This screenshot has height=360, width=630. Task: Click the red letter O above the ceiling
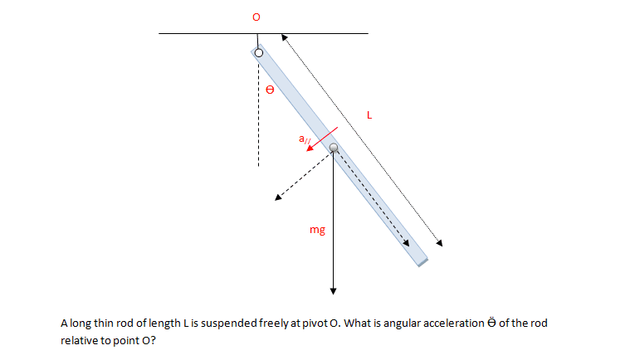click(x=256, y=17)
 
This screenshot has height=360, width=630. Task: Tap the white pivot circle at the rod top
click(x=259, y=52)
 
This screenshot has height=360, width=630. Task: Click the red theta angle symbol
click(x=270, y=90)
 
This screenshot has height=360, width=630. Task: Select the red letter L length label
click(x=369, y=115)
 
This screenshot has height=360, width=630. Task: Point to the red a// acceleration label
click(x=305, y=139)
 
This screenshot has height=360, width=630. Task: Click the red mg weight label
click(x=317, y=230)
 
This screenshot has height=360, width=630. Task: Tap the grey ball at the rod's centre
click(x=334, y=148)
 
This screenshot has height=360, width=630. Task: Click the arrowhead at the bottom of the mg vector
click(x=333, y=291)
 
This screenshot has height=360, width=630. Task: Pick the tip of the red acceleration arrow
click(x=307, y=150)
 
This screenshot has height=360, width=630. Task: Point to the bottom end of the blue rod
click(x=423, y=262)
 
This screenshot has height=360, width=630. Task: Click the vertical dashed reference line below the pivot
click(x=258, y=112)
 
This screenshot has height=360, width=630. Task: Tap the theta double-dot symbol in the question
click(x=491, y=323)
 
